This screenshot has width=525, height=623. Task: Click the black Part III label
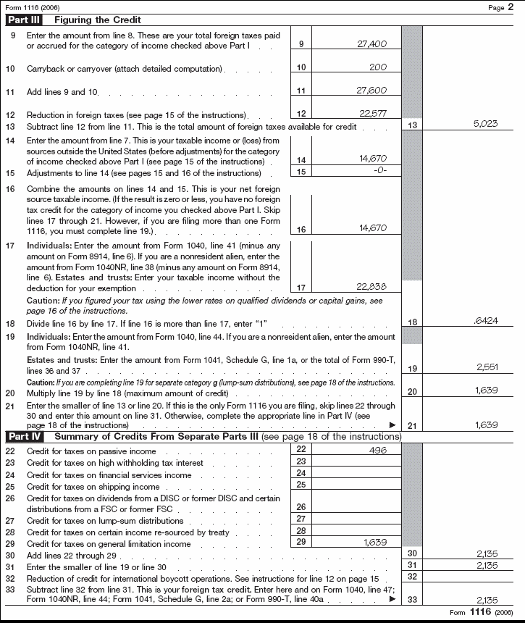tap(26, 20)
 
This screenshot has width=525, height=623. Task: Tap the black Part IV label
tap(26, 437)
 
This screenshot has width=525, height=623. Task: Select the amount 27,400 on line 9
tap(372, 44)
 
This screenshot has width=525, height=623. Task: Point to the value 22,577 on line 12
tap(372, 114)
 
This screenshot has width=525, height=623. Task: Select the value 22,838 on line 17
tap(372, 287)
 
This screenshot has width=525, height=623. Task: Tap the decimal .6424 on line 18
tap(485, 321)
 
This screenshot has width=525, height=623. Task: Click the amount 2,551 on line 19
tap(486, 368)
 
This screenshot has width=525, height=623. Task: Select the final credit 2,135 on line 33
tap(486, 600)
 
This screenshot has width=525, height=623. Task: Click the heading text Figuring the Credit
tap(97, 20)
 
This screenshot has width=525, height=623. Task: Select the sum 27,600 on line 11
tap(372, 91)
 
